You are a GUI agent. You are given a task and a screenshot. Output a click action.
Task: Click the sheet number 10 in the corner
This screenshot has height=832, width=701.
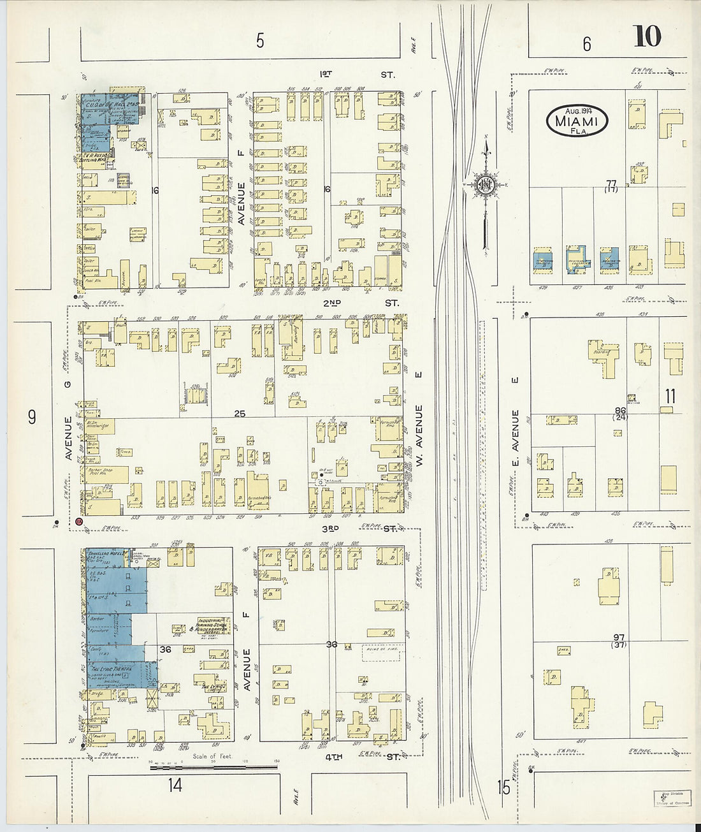click(647, 36)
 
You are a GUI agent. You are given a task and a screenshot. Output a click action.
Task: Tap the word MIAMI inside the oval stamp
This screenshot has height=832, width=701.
click(576, 120)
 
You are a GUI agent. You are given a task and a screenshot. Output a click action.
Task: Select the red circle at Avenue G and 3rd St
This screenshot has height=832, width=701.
click(79, 522)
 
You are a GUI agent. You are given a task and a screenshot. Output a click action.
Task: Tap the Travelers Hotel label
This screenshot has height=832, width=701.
click(106, 553)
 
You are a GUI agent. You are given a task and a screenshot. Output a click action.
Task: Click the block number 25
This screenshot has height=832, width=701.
click(239, 414)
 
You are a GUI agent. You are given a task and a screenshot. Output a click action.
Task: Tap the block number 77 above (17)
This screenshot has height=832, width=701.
click(612, 184)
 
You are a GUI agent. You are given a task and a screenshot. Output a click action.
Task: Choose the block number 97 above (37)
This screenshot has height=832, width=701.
click(618, 638)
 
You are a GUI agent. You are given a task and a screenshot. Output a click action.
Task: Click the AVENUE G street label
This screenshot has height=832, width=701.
click(69, 438)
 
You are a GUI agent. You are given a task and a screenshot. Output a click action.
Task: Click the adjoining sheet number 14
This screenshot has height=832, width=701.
click(175, 785)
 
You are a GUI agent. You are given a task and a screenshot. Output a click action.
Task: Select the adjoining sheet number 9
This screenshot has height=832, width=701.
click(31, 417)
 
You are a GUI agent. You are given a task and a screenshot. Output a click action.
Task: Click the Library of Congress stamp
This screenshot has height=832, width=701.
click(671, 798)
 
